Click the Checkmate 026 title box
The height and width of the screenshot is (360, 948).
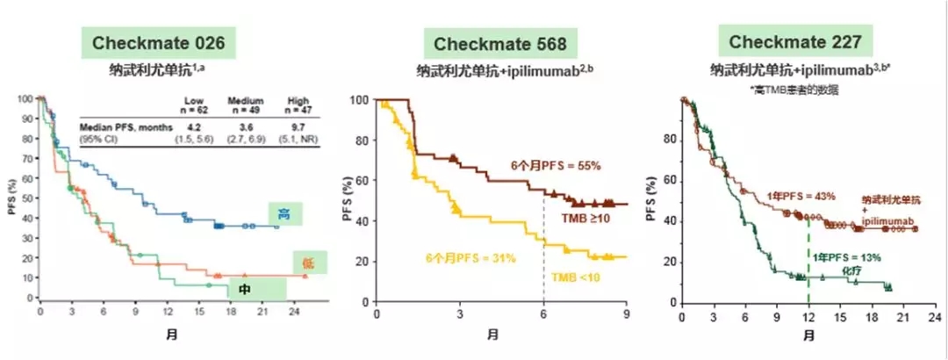[x=159, y=42]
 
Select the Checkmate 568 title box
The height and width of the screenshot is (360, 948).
[x=495, y=42]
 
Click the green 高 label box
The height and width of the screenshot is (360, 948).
[x=286, y=212]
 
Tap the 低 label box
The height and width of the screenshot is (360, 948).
[x=309, y=261]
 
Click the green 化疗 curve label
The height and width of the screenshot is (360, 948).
[x=850, y=271]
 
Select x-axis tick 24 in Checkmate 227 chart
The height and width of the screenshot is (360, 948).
[x=934, y=313]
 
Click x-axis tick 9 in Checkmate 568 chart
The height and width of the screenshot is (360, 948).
[x=626, y=313]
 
